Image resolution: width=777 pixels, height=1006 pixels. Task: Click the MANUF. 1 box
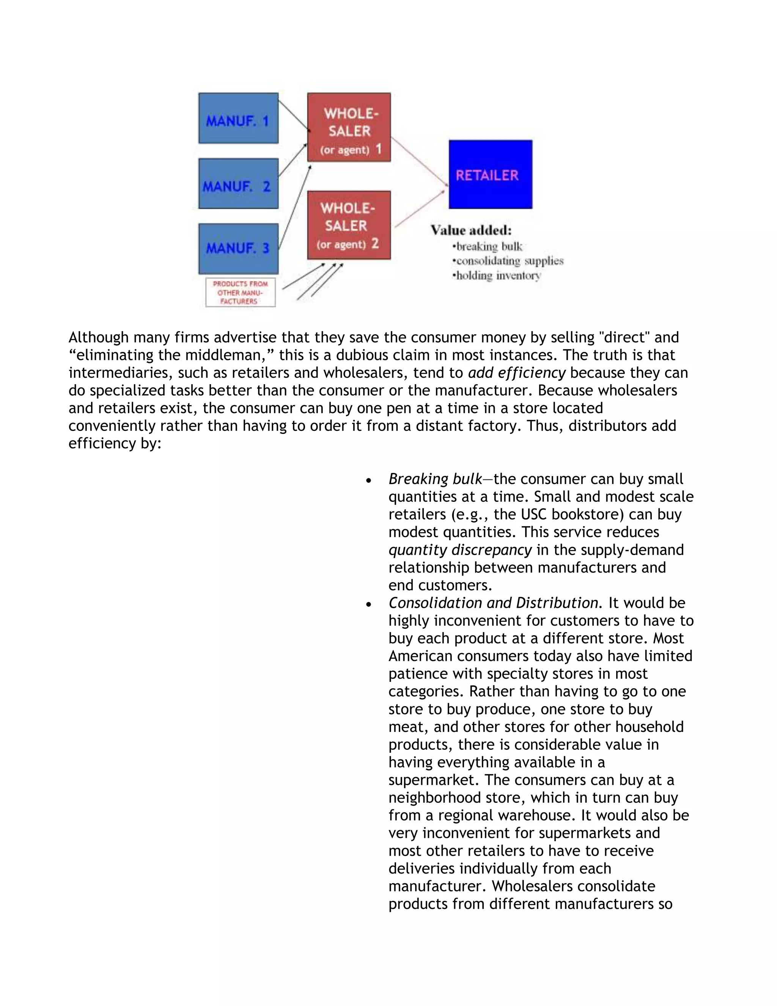pyautogui.click(x=238, y=118)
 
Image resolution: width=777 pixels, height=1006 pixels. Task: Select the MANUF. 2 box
pyautogui.click(x=238, y=183)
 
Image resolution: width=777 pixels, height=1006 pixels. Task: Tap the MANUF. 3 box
pyautogui.click(x=238, y=249)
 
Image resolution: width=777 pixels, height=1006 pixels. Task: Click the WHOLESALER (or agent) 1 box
pyautogui.click(x=349, y=128)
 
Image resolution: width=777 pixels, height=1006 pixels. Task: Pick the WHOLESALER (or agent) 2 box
pyautogui.click(x=349, y=225)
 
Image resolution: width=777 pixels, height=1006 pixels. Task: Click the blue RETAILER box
pyautogui.click(x=490, y=175)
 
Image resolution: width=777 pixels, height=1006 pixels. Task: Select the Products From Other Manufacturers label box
pyautogui.click(x=240, y=292)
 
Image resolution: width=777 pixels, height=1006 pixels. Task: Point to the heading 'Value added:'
pyautogui.click(x=471, y=230)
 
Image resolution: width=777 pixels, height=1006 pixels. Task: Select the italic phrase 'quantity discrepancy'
pyautogui.click(x=460, y=550)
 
